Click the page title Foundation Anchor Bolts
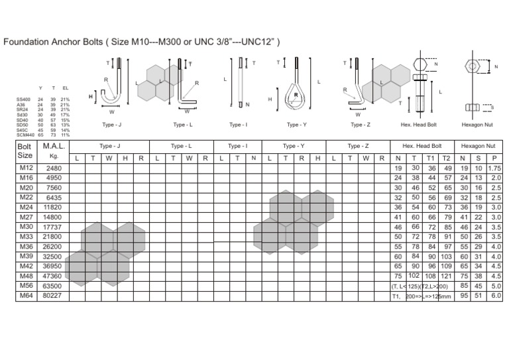(142, 42)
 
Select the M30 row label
(26, 227)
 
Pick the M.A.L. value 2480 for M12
(52, 169)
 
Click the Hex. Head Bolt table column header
(422, 145)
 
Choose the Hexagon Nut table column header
(479, 145)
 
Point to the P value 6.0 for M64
(495, 296)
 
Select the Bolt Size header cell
(25, 150)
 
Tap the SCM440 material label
(25, 135)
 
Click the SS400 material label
(23, 99)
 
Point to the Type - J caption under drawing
(111, 124)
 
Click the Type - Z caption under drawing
(360, 124)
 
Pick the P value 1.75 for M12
(494, 168)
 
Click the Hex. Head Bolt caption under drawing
(419, 124)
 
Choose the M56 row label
(26, 285)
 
